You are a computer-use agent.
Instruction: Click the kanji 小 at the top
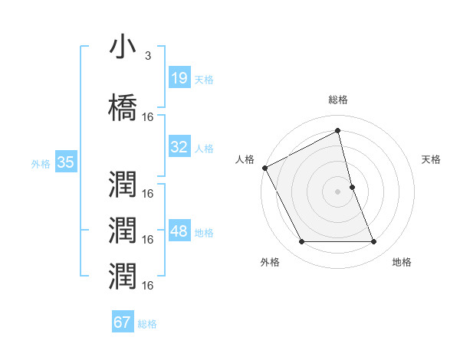pos(123,47)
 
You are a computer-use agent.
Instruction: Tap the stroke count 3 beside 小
pos(148,56)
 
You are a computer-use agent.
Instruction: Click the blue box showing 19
pos(179,78)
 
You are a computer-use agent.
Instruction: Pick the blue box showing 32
pos(179,147)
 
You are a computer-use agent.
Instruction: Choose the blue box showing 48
pos(179,232)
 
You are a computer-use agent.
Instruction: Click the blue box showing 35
pos(65,162)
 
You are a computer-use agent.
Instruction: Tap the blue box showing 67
pos(123,322)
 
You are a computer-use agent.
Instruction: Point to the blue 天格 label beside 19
pos(204,79)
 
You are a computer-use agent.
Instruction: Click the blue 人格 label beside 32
pos(204,148)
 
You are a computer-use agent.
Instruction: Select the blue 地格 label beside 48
pos(204,233)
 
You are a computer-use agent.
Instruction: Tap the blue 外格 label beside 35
pos(41,162)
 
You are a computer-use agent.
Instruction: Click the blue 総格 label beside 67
pos(147,323)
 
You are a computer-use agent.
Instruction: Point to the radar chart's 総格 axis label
pos(338,100)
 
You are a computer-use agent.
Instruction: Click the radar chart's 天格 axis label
pos(432,159)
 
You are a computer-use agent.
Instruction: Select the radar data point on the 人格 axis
pos(265,167)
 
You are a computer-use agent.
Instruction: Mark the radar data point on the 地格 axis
pos(374,242)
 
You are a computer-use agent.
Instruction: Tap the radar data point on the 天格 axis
pos(352,187)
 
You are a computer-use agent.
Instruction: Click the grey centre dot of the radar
pos(338,191)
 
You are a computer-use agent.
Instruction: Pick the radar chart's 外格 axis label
pos(270,262)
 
